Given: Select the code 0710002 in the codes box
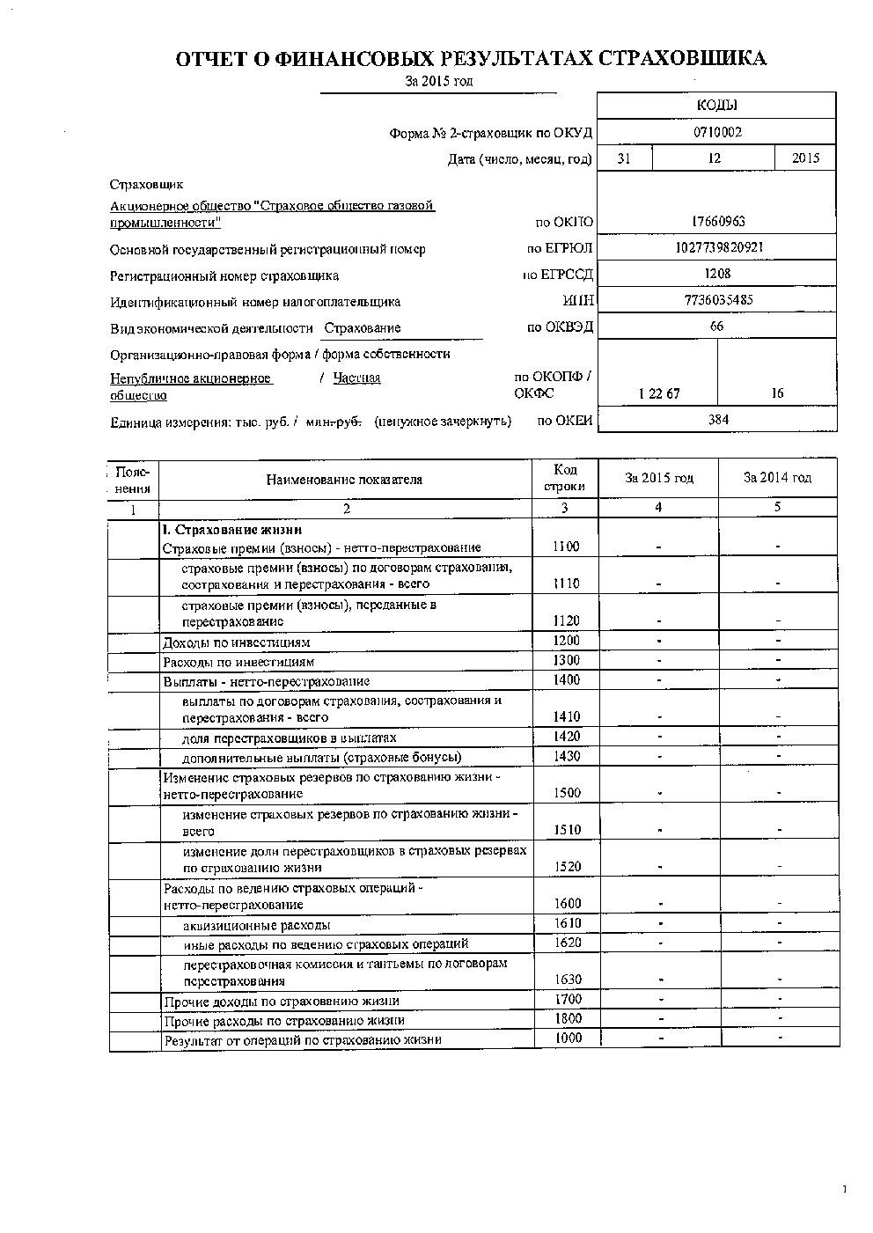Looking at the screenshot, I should click(717, 132).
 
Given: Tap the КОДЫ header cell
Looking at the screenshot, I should click(716, 105).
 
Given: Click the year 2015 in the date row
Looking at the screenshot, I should click(805, 158).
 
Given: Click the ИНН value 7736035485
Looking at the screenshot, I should click(718, 300).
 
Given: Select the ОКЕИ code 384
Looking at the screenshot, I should click(718, 420).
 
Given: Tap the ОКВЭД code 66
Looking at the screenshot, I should click(717, 327).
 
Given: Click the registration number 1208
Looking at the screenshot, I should click(718, 274).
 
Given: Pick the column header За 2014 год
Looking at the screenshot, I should click(777, 478).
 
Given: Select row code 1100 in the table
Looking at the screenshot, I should click(567, 547).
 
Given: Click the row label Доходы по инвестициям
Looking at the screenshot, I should click(236, 642).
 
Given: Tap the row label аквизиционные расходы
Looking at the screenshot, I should click(257, 925).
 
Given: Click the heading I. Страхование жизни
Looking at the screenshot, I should click(232, 530).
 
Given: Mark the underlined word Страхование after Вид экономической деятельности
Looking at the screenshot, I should click(362, 328).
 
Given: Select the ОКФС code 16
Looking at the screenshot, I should click(777, 394).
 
